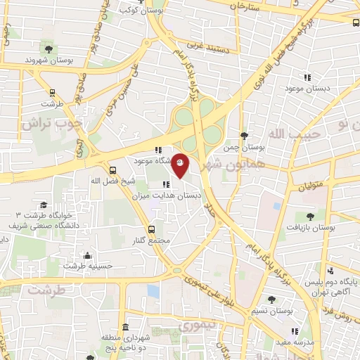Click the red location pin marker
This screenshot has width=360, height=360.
pyautogui.click(x=180, y=165)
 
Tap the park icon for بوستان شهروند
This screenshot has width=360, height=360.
pyautogui.click(x=49, y=49)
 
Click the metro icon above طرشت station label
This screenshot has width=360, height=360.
pyautogui.click(x=51, y=92)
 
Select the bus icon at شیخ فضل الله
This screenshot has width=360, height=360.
pyautogui.click(x=113, y=169)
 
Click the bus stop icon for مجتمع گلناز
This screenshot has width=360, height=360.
pyautogui.click(x=151, y=230)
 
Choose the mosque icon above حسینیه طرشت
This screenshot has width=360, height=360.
pyautogui.click(x=87, y=255)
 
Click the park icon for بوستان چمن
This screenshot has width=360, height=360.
pyautogui.click(x=243, y=136)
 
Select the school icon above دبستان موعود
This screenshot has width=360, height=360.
pyautogui.click(x=307, y=77)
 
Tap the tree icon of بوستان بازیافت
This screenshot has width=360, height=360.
pyautogui.click(x=310, y=216)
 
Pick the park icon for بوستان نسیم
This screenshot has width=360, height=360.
pyautogui.click(x=271, y=300)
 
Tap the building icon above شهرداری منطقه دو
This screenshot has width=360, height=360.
pyautogui.click(x=126, y=328)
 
